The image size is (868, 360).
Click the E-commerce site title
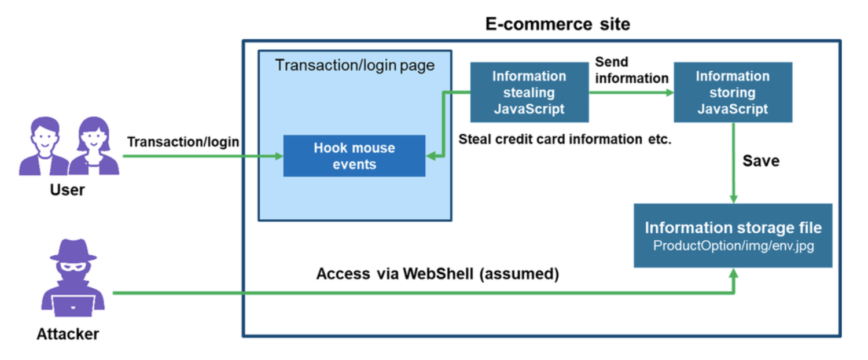point(557,24)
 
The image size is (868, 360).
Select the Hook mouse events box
point(354,156)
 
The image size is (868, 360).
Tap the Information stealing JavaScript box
point(529,93)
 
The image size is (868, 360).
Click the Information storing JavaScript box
point(732,93)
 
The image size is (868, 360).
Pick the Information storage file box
point(733,235)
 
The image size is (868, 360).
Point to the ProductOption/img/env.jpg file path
point(733,245)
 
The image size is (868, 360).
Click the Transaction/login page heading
point(354,65)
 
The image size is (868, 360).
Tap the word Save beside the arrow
point(760,161)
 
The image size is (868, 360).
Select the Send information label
point(631,69)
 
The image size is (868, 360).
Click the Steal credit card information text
point(564,139)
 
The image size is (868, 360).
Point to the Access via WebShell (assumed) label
point(437,274)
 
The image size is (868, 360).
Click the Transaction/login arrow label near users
point(183,142)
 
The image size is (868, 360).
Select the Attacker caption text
point(68,334)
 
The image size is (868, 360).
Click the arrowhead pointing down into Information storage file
point(733,198)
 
